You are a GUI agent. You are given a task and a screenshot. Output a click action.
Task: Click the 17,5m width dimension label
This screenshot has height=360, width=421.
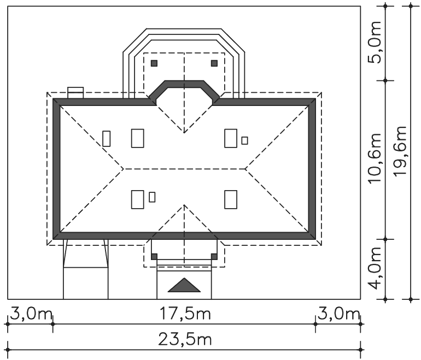pyautogui.click(x=185, y=314)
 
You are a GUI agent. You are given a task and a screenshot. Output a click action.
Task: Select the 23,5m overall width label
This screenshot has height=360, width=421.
pyautogui.click(x=185, y=339)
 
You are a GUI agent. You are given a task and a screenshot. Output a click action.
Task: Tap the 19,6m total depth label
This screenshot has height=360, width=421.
pyautogui.click(x=400, y=151)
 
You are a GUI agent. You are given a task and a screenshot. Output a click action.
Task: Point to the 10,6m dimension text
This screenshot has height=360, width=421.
pyautogui.click(x=375, y=158)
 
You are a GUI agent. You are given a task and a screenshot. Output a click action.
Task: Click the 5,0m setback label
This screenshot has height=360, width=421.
pyautogui.click(x=375, y=42)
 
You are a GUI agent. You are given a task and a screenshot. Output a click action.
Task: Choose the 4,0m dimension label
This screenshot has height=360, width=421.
pyautogui.click(x=375, y=268)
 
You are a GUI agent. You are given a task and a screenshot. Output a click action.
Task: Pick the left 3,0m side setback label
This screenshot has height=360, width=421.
pyautogui.click(x=31, y=314)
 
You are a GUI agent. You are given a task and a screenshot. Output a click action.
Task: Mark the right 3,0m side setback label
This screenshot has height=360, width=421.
pyautogui.click(x=338, y=314)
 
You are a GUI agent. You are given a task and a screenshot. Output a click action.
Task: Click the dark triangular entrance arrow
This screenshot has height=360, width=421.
pyautogui.click(x=184, y=285)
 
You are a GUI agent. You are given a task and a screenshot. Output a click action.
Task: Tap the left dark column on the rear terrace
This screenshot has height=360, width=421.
pyautogui.click(x=154, y=63)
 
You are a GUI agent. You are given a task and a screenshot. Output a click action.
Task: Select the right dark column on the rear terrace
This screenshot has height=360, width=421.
pyautogui.click(x=214, y=63)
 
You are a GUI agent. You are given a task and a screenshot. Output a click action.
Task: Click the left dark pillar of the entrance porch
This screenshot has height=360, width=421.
pyautogui.click(x=154, y=256)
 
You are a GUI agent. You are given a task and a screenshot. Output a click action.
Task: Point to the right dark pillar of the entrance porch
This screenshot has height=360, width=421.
pyautogui.click(x=214, y=256)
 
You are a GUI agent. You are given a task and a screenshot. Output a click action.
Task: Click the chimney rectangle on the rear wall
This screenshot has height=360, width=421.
pyautogui.click(x=75, y=92)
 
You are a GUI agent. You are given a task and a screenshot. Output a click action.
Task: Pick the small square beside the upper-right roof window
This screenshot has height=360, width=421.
pyautogui.click(x=244, y=140)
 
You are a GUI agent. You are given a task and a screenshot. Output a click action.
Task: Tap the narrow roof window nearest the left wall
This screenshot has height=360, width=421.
pyautogui.click(x=106, y=139)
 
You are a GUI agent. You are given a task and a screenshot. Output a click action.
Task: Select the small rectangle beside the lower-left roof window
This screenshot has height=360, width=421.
pyautogui.click(x=152, y=197)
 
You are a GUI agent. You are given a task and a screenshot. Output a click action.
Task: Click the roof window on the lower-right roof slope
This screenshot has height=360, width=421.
pyautogui.click(x=231, y=199)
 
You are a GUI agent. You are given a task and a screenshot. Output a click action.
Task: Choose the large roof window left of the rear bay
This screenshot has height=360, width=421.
pyautogui.click(x=137, y=138)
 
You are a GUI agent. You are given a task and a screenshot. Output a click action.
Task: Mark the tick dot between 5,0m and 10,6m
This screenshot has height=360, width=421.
pyautogui.click(x=385, y=80)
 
